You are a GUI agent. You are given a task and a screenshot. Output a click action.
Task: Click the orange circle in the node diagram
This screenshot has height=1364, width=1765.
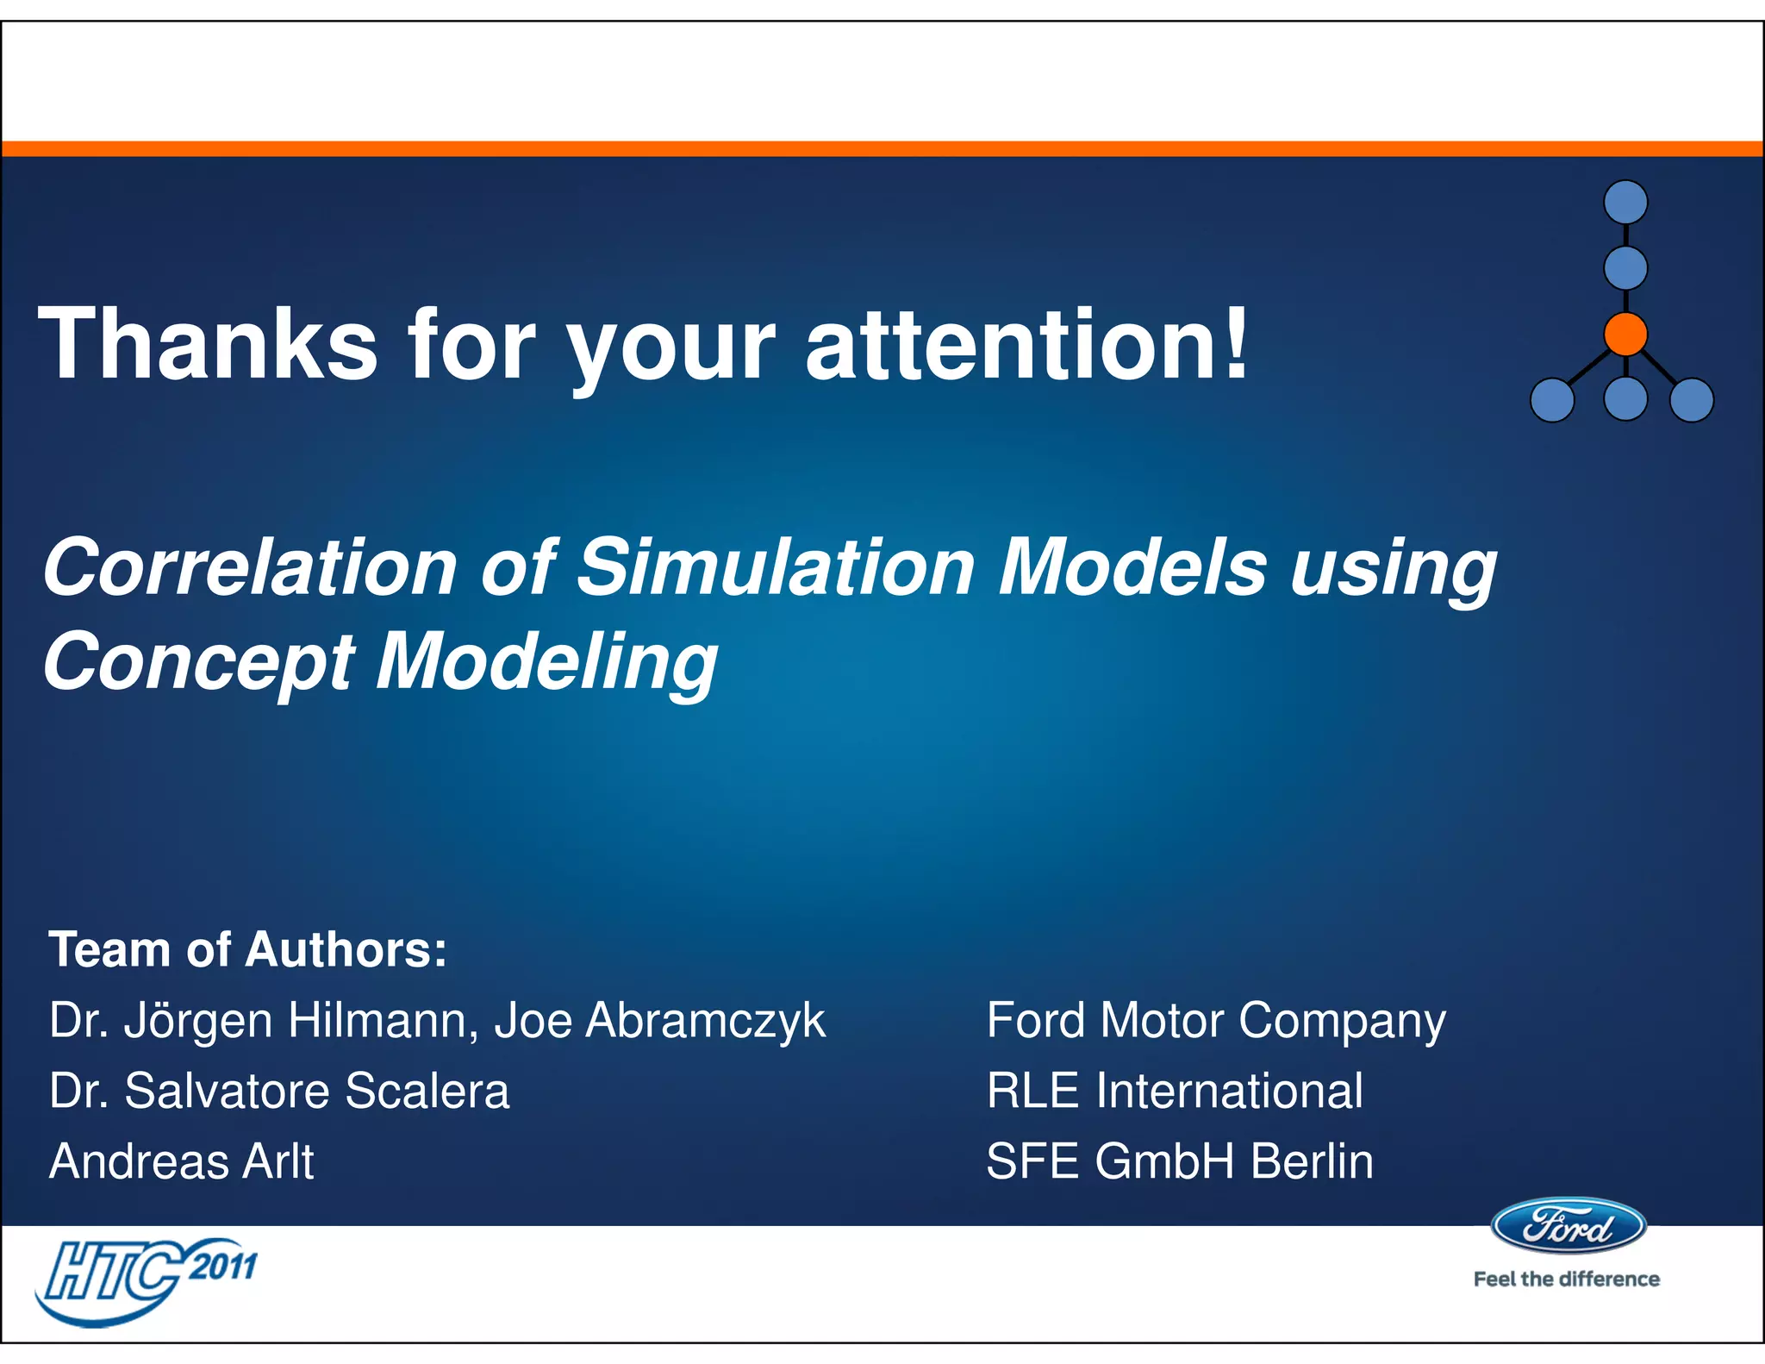1625,335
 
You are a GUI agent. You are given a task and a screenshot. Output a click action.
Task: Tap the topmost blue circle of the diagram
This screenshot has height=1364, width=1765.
1625,203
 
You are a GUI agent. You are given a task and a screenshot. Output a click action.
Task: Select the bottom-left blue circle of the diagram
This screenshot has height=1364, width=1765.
1552,400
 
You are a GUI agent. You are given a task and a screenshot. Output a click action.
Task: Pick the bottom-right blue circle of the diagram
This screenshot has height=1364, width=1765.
1692,400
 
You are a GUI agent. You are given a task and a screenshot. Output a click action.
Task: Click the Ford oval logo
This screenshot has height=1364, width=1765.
1568,1225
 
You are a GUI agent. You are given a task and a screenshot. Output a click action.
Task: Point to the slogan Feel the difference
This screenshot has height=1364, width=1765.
1566,1280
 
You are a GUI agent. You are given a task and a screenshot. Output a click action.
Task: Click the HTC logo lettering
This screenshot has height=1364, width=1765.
112,1271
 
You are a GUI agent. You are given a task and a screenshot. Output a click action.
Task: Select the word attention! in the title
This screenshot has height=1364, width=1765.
1026,345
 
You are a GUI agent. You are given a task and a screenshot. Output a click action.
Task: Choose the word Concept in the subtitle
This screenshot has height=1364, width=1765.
198,662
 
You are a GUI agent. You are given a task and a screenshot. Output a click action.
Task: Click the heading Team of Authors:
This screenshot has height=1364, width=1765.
248,950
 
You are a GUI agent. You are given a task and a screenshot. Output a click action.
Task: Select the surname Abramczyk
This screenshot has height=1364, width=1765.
705,1021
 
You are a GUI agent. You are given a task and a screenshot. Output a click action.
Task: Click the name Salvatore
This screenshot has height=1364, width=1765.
227,1091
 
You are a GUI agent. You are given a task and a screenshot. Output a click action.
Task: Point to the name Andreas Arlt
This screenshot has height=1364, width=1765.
182,1161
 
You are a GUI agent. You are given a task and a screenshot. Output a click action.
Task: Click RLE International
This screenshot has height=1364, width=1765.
1175,1091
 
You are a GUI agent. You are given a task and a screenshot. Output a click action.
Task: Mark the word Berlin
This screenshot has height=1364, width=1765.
1312,1161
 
